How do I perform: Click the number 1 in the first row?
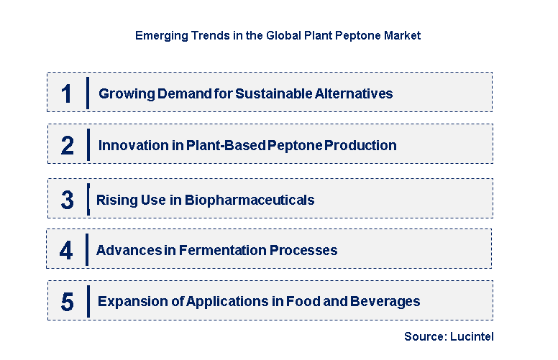[67, 93]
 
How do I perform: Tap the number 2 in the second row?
[67, 145]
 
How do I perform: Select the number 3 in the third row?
[67, 200]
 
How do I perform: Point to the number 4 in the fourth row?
[67, 250]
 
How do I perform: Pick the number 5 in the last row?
[67, 302]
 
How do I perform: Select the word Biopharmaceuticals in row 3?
[250, 200]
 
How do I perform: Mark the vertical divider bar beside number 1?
[87, 93]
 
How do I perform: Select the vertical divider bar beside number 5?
[88, 301]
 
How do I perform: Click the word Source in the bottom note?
[424, 336]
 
